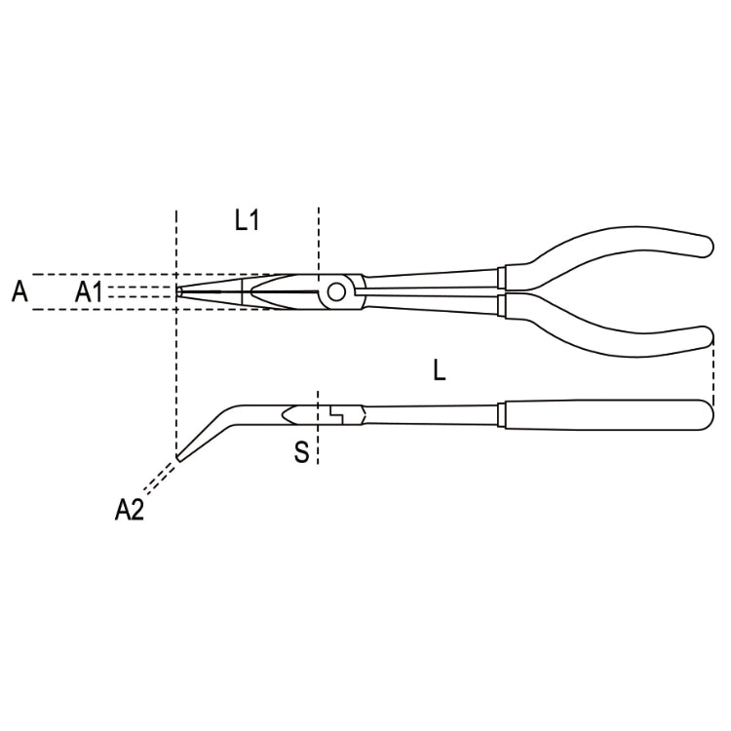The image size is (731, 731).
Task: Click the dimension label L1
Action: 248,220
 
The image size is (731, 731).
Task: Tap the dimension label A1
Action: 90,290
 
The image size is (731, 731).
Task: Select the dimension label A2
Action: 129,508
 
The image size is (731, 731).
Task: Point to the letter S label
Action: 302,451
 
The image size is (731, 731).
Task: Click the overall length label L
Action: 440,369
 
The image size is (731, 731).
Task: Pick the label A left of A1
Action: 19,290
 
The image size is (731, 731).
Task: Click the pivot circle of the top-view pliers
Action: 337,289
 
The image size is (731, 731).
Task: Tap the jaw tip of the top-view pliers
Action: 180,290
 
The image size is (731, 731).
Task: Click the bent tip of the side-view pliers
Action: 182,453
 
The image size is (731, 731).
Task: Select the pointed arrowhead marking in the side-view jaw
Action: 289,414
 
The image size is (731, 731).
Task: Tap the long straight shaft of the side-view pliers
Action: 429,413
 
